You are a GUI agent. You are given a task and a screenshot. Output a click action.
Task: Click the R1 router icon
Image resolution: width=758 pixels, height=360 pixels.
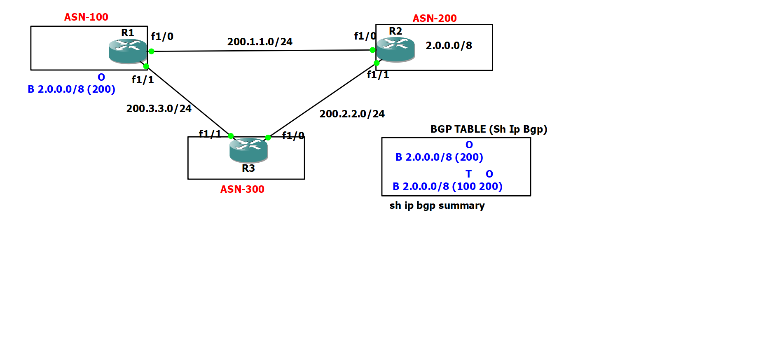click(128, 51)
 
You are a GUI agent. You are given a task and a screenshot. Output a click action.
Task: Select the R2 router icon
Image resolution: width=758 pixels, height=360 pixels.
click(395, 49)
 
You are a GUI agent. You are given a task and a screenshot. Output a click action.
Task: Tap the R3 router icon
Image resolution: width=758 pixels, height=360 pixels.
click(248, 150)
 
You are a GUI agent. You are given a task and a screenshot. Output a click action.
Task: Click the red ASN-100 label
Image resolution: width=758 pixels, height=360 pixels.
click(86, 17)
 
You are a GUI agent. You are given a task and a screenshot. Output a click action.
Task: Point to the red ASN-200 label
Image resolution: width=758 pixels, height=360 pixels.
click(435, 19)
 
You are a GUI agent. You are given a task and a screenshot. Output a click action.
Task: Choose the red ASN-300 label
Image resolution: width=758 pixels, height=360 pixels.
click(242, 189)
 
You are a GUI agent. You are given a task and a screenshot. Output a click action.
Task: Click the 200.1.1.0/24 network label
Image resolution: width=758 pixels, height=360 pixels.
click(260, 42)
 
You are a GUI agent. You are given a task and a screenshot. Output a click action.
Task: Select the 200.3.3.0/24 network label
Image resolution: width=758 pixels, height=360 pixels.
click(159, 109)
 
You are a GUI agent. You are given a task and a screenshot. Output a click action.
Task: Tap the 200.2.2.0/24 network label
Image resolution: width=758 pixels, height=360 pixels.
click(352, 114)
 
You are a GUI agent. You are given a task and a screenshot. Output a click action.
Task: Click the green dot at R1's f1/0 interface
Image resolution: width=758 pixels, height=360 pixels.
click(152, 51)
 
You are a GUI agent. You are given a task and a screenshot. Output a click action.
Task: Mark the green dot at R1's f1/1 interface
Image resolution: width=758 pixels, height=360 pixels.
click(146, 66)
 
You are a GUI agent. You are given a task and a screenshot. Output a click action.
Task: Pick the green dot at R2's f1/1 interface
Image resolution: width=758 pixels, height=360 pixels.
click(377, 63)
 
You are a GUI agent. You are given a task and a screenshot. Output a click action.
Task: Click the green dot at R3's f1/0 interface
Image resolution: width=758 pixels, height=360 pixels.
click(268, 138)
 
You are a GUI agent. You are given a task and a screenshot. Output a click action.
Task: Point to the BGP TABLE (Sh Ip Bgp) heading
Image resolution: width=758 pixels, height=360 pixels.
click(489, 129)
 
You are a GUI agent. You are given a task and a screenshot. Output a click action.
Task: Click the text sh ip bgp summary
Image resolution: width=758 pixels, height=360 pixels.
click(437, 206)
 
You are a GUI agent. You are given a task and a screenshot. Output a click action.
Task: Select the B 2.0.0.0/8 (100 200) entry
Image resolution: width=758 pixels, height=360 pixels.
click(447, 187)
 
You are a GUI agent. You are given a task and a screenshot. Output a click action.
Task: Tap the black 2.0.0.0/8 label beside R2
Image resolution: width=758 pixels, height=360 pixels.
click(449, 46)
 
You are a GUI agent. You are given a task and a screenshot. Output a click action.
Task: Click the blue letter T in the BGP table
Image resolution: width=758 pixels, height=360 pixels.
click(468, 174)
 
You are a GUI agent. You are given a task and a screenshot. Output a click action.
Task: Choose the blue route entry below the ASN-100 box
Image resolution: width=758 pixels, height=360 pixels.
click(71, 89)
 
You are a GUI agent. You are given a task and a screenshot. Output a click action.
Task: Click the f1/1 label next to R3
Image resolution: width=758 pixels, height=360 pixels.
click(210, 134)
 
